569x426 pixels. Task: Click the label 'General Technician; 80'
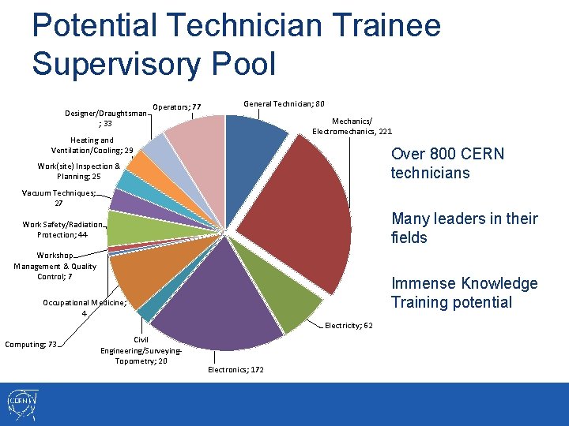(x=284, y=104)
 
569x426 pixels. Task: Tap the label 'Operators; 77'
(x=177, y=107)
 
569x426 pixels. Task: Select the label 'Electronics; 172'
(x=236, y=369)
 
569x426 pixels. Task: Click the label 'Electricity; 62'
(x=349, y=325)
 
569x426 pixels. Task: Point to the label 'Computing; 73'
(x=31, y=344)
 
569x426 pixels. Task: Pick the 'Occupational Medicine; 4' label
(x=84, y=308)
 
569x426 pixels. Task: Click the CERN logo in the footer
(x=21, y=404)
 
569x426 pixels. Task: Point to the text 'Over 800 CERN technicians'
(x=447, y=163)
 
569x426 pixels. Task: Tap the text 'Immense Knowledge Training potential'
(x=465, y=293)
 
